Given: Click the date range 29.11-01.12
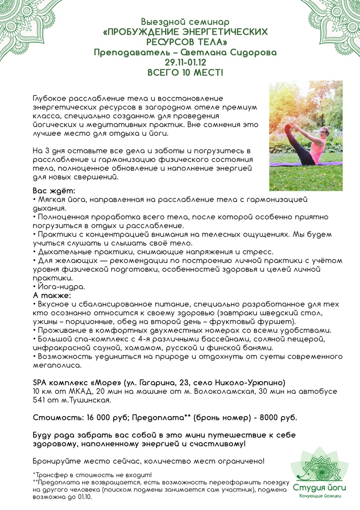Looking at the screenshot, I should (x=180, y=62).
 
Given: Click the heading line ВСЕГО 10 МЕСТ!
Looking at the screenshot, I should (x=180, y=73).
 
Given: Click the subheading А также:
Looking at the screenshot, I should (x=51, y=295).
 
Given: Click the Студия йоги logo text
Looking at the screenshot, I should (x=319, y=487).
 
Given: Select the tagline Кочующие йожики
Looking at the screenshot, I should (x=320, y=495).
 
